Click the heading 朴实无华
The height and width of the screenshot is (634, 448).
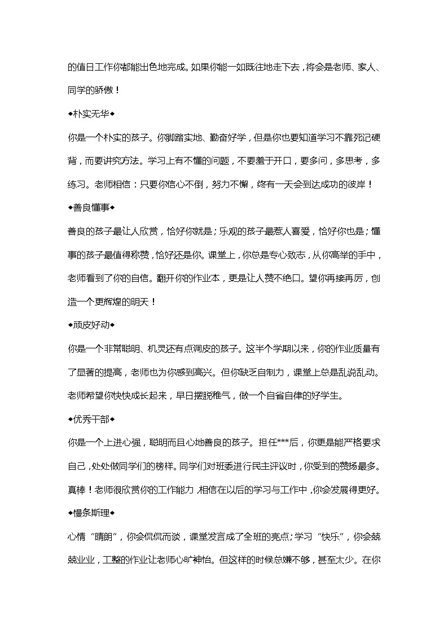pos(90,113)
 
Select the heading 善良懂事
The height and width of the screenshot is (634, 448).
pos(90,208)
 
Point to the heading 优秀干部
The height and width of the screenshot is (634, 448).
pos(90,419)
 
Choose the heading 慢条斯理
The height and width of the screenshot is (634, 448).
pos(90,513)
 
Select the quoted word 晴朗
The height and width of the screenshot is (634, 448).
pos(111,537)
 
